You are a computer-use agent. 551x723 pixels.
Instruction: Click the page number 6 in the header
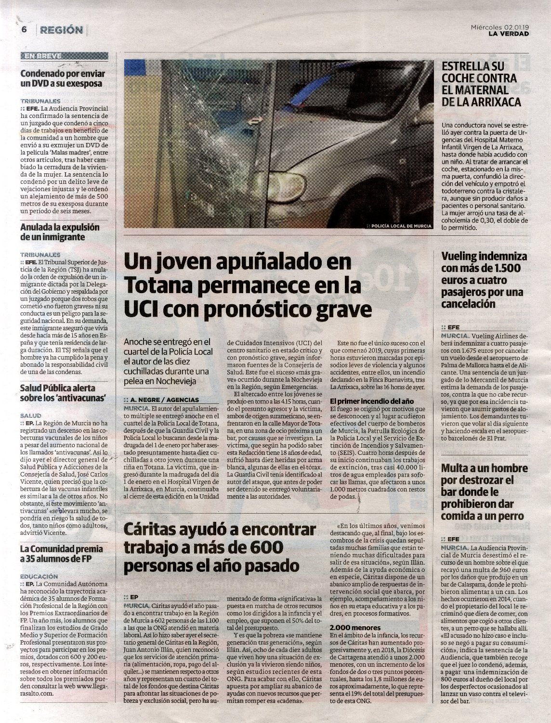24,30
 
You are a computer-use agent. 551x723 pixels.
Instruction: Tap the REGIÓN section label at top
62,30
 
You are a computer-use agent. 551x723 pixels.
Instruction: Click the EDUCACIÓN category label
39,576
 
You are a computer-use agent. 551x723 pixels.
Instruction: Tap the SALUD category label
31,415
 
